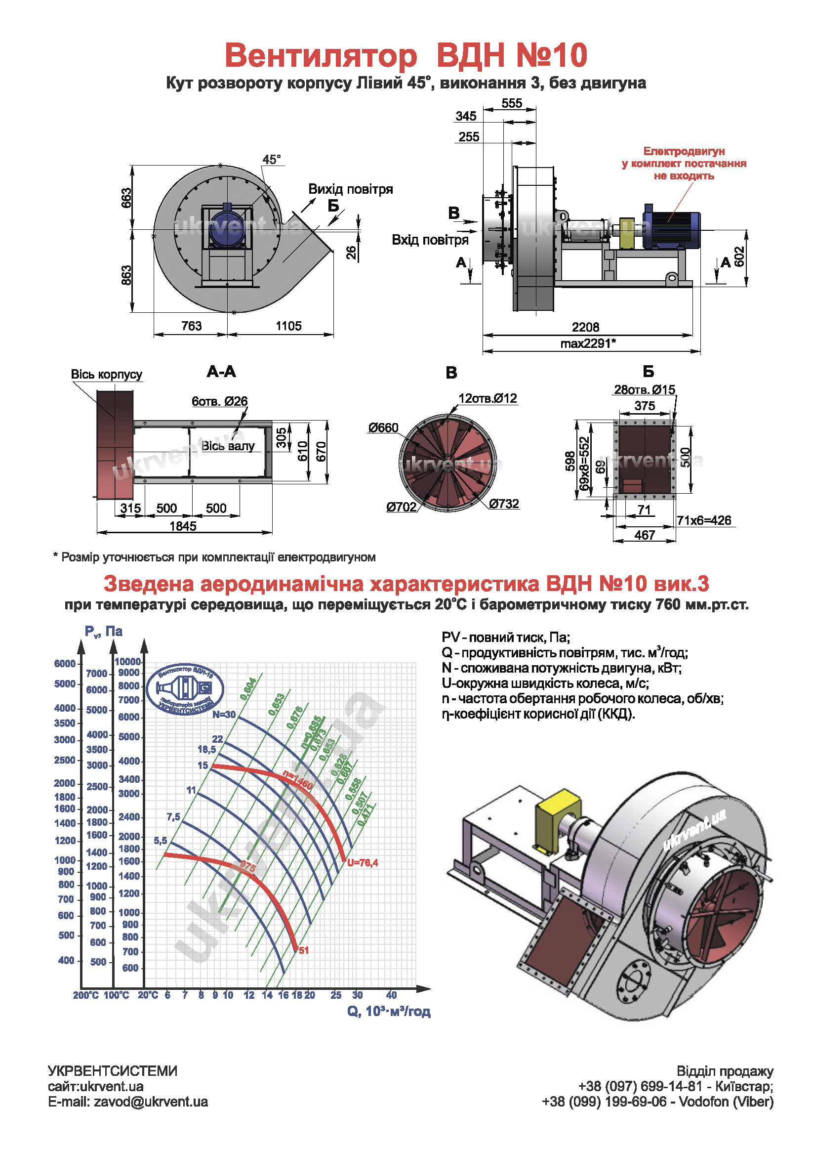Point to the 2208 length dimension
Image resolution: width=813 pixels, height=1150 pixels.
585,327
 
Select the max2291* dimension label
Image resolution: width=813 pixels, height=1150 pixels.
588,343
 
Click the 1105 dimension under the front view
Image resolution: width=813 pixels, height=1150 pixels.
288,326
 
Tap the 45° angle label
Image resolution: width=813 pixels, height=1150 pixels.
271,160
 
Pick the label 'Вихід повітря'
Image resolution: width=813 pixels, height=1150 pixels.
350,189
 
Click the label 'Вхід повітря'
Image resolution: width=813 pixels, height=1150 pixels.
430,240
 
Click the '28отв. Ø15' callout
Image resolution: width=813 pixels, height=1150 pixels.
644,390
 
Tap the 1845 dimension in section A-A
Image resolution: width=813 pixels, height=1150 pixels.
183,526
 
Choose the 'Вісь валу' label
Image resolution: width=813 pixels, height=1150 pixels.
228,446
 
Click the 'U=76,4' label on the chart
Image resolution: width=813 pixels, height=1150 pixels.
363,862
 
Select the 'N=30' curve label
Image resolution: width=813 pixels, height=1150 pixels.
224,715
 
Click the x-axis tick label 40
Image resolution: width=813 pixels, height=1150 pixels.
391,995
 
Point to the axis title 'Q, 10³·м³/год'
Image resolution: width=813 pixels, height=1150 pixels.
389,1011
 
